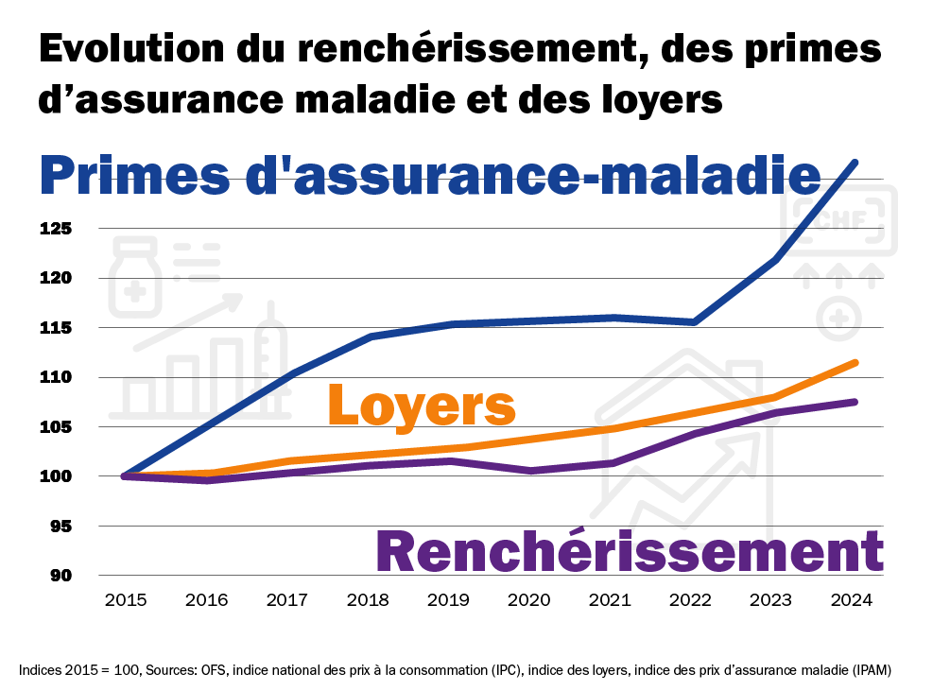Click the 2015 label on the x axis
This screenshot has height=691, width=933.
(x=126, y=600)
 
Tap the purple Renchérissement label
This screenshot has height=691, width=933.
(x=630, y=551)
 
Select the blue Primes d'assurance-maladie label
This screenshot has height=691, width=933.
(x=430, y=176)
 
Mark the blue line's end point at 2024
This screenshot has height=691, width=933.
(x=855, y=163)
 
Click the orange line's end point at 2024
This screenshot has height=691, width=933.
(x=855, y=362)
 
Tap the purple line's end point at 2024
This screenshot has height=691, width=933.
(x=855, y=402)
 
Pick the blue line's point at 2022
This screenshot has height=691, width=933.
(x=694, y=322)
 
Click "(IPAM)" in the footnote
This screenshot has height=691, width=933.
(x=868, y=670)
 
